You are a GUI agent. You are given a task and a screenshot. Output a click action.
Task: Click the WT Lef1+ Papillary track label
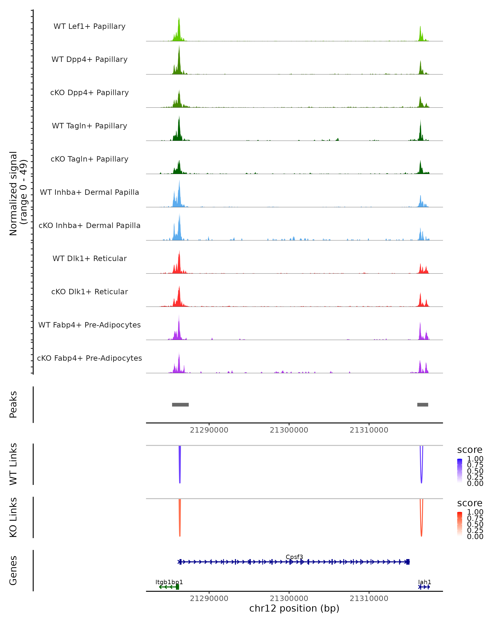click(89, 26)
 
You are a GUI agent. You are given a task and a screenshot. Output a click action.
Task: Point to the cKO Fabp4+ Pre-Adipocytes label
click(89, 358)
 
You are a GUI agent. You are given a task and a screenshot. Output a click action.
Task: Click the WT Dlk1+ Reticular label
click(89, 259)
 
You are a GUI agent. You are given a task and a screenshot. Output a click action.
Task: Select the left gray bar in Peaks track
click(180, 405)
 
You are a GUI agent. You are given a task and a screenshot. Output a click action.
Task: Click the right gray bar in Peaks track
click(423, 405)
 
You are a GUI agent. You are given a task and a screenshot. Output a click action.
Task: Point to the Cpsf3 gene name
click(294, 557)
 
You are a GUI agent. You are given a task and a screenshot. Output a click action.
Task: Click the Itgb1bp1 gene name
click(169, 582)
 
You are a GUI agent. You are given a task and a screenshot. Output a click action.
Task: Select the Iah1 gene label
click(424, 582)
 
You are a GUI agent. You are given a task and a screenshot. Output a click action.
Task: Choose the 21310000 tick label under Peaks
click(369, 430)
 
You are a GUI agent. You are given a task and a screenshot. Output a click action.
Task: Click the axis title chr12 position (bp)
click(294, 608)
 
